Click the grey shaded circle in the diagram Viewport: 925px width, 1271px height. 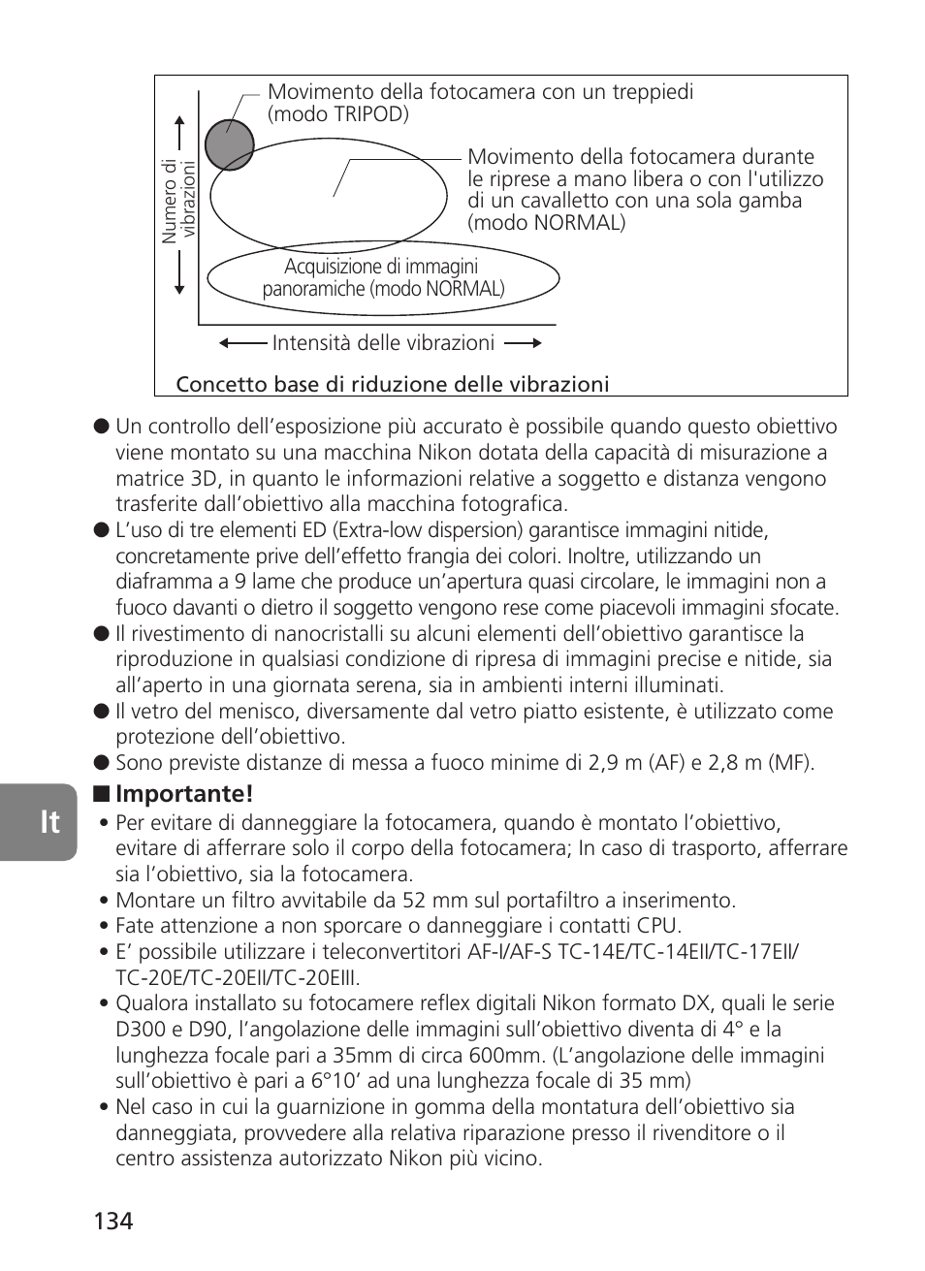pos(229,144)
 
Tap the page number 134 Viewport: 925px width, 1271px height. pos(113,1221)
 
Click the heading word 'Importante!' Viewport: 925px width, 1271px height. pos(184,794)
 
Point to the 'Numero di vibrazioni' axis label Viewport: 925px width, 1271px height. pos(178,202)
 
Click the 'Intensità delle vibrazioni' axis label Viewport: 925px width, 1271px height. pos(383,343)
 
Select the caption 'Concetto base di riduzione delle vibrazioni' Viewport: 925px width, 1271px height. pos(393,385)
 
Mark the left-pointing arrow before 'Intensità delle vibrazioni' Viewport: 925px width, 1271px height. pos(241,343)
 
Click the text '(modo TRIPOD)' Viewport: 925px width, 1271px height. pos(338,114)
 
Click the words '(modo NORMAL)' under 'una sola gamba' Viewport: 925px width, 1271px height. pos(547,223)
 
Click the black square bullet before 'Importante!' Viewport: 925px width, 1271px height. pos(101,795)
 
